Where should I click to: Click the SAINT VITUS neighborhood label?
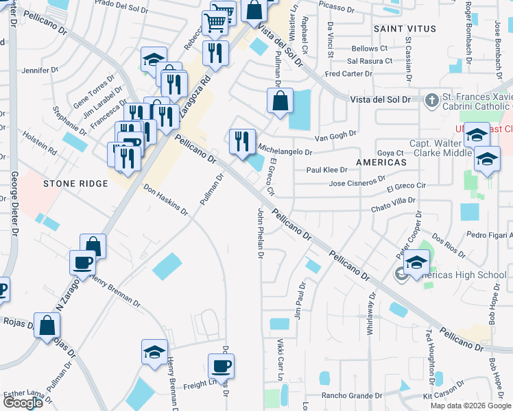click(x=405, y=29)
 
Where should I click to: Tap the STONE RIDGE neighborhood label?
click(x=75, y=184)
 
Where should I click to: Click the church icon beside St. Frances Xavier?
click(x=431, y=100)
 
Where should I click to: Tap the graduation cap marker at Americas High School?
click(x=416, y=263)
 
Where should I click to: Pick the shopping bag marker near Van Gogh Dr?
click(x=280, y=102)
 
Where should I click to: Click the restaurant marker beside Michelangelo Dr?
click(x=241, y=142)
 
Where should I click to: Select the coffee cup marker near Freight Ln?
click(x=221, y=366)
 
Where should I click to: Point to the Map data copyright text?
click(x=470, y=406)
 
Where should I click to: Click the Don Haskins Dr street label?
click(x=166, y=199)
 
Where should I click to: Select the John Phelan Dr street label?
click(x=261, y=233)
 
